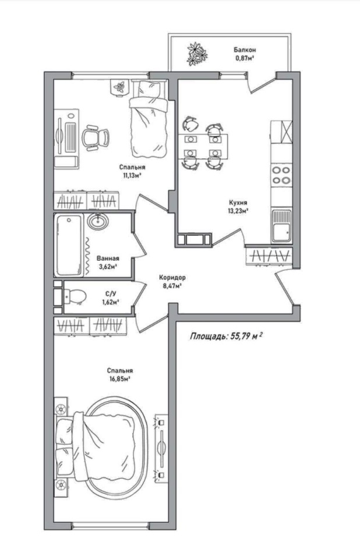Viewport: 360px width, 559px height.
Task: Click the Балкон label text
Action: pyautogui.click(x=245, y=50)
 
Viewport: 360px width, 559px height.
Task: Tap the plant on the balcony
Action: pyautogui.click(x=197, y=54)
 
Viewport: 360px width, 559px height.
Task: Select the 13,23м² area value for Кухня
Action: pyautogui.click(x=238, y=210)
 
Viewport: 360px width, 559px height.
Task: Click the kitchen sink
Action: pyautogui.click(x=281, y=226)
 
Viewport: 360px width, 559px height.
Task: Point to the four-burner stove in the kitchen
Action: pyautogui.click(x=281, y=175)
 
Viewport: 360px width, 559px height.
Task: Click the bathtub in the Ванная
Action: pyautogui.click(x=69, y=245)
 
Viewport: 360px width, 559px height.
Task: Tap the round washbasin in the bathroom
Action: pyautogui.click(x=97, y=222)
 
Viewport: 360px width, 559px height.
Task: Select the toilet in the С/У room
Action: pyautogui.click(x=74, y=296)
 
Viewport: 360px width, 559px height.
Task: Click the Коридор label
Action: pyautogui.click(x=172, y=277)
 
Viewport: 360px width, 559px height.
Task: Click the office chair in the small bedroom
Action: pyautogui.click(x=96, y=136)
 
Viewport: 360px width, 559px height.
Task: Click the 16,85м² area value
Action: pyautogui.click(x=119, y=379)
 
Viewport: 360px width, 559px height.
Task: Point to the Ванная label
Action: pyautogui.click(x=108, y=259)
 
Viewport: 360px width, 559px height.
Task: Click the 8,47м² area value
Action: pyautogui.click(x=172, y=285)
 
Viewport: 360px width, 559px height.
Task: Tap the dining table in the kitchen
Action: pyautogui.click(x=203, y=146)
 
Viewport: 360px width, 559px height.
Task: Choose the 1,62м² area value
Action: pyautogui.click(x=110, y=302)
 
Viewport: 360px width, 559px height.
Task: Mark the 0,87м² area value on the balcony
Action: pyautogui.click(x=245, y=58)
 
